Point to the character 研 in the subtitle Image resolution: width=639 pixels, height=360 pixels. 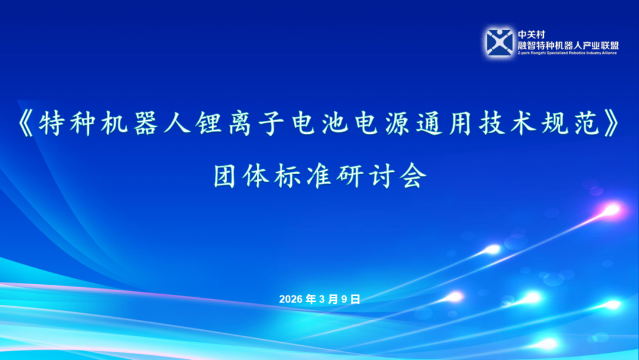[351, 176]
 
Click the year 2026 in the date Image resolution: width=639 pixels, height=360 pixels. [291, 299]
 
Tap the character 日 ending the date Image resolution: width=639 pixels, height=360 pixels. [355, 299]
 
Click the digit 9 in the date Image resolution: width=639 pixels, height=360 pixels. [344, 299]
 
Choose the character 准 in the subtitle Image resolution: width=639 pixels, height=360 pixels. [320, 176]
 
